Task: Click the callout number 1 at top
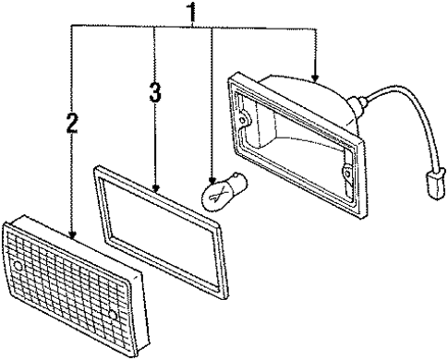pyautogui.click(x=191, y=13)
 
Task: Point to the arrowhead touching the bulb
pyautogui.click(x=212, y=180)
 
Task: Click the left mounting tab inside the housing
pyautogui.click(x=245, y=119)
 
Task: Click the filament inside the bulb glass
pyautogui.click(x=218, y=192)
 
